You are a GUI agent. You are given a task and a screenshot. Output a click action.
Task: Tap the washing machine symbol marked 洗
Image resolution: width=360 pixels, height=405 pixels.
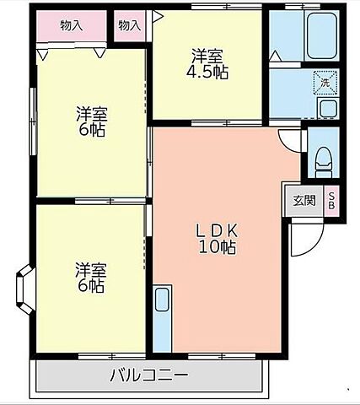pos(324,83)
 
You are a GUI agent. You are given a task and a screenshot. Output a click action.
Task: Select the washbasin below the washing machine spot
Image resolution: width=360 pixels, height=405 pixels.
pos(327,108)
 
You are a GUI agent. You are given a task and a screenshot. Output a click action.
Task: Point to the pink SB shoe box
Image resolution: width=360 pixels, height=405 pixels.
pos(331,201)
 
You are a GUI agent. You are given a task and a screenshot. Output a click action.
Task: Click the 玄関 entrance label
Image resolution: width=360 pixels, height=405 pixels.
pos(304,201)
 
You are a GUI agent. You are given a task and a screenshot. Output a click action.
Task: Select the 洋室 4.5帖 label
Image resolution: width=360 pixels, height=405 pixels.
pos(208,64)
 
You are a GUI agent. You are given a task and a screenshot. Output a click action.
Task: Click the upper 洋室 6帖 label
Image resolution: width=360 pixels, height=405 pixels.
pos(90,121)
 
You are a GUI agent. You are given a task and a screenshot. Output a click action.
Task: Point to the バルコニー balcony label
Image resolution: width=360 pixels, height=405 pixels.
pos(148,375)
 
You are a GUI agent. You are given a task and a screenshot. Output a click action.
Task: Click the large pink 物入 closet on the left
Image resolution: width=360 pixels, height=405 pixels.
pos(72,25)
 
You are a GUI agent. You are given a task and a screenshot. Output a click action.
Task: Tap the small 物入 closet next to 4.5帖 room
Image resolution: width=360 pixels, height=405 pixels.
pos(129,25)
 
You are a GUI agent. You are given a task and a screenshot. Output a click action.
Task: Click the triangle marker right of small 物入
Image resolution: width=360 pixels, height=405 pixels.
pos(156,15)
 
